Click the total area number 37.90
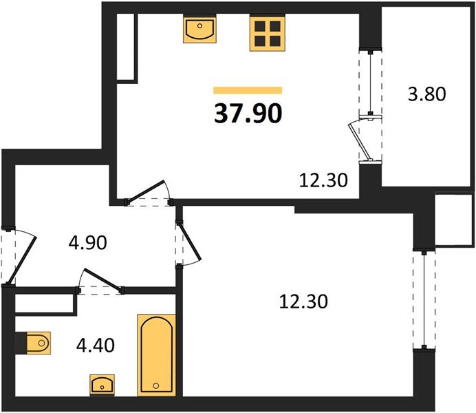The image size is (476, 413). [x=248, y=114]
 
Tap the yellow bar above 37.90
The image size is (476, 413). [x=248, y=89]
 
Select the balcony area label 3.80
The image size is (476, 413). [x=427, y=94]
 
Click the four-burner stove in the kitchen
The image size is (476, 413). [x=267, y=32]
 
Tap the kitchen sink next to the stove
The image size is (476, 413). [x=200, y=30]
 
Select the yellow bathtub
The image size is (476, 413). [x=158, y=354]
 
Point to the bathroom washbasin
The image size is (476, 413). [x=102, y=384]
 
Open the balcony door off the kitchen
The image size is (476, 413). [x=363, y=141]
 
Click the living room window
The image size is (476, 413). [x=426, y=301]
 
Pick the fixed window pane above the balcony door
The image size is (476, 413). [x=372, y=83]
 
